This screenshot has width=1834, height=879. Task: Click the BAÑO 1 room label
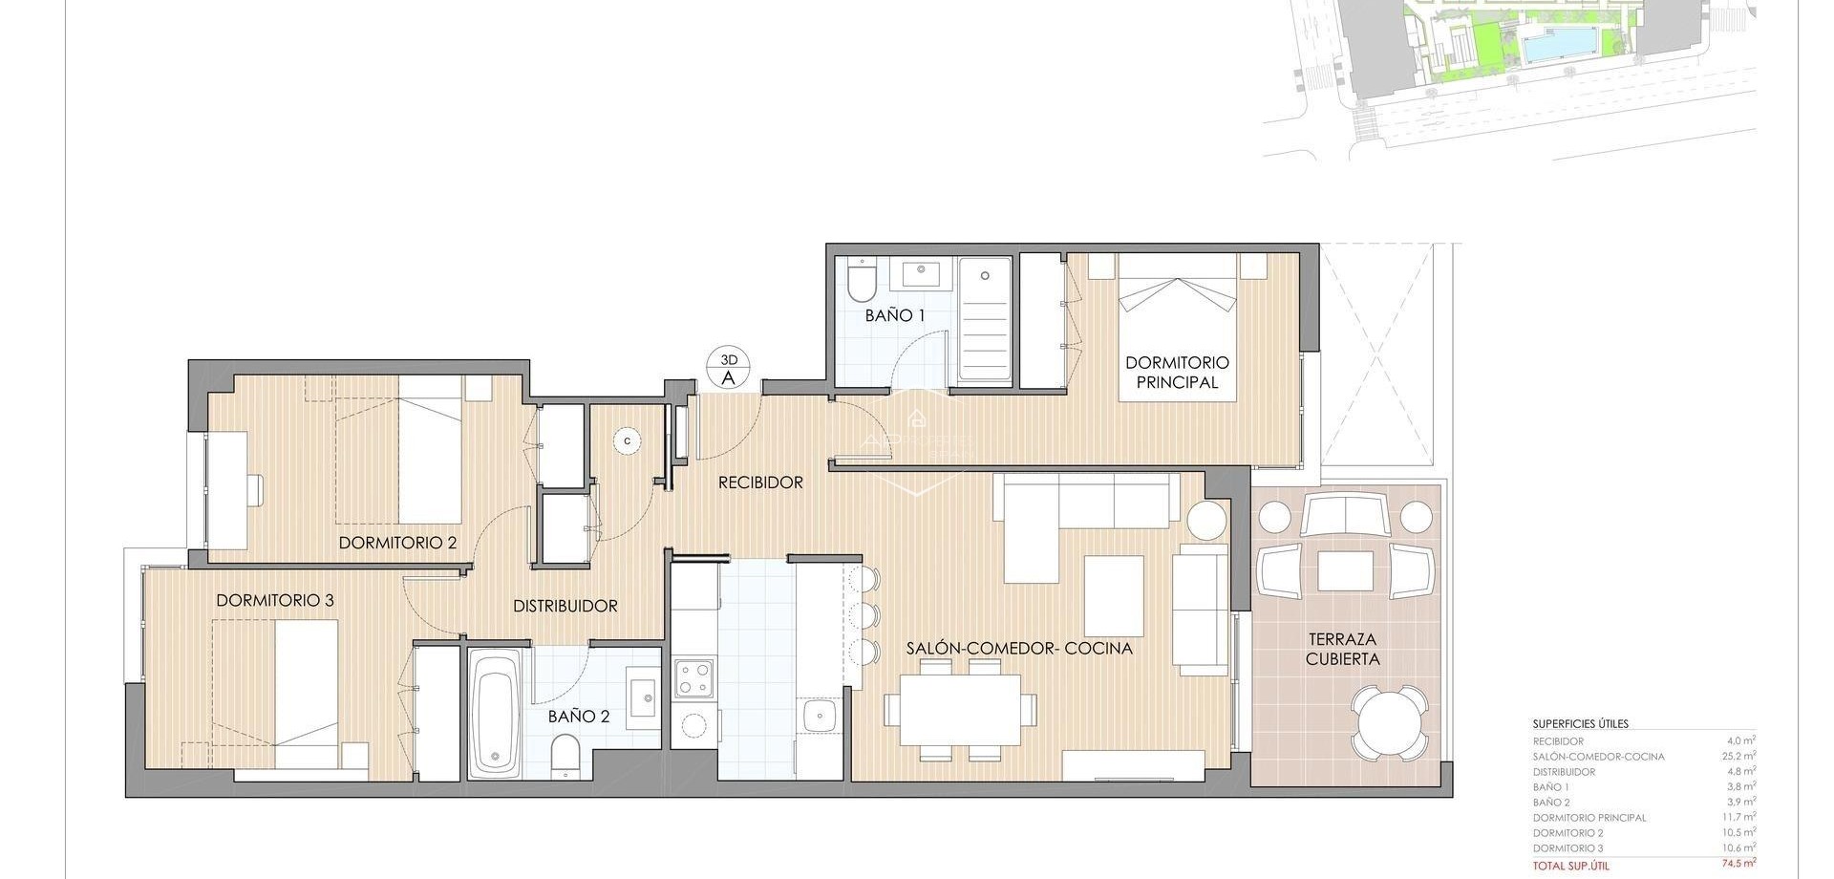click(x=894, y=314)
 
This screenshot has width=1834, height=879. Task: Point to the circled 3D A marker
click(x=728, y=369)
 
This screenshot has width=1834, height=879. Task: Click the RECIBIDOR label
click(x=760, y=482)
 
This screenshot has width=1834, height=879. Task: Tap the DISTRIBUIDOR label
click(x=565, y=606)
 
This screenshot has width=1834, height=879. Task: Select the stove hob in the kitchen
click(x=694, y=679)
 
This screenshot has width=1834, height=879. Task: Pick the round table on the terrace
click(x=1390, y=721)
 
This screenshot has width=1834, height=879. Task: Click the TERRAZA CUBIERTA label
click(x=1342, y=649)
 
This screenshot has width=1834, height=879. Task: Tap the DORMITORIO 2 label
click(x=397, y=543)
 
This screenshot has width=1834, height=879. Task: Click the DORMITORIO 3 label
click(x=274, y=600)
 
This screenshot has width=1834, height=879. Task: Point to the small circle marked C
click(x=627, y=440)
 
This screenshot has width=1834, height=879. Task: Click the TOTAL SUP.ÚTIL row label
click(x=1570, y=865)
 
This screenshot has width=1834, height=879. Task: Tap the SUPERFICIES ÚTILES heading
click(x=1580, y=724)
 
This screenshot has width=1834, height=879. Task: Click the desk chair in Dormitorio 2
click(x=255, y=489)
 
